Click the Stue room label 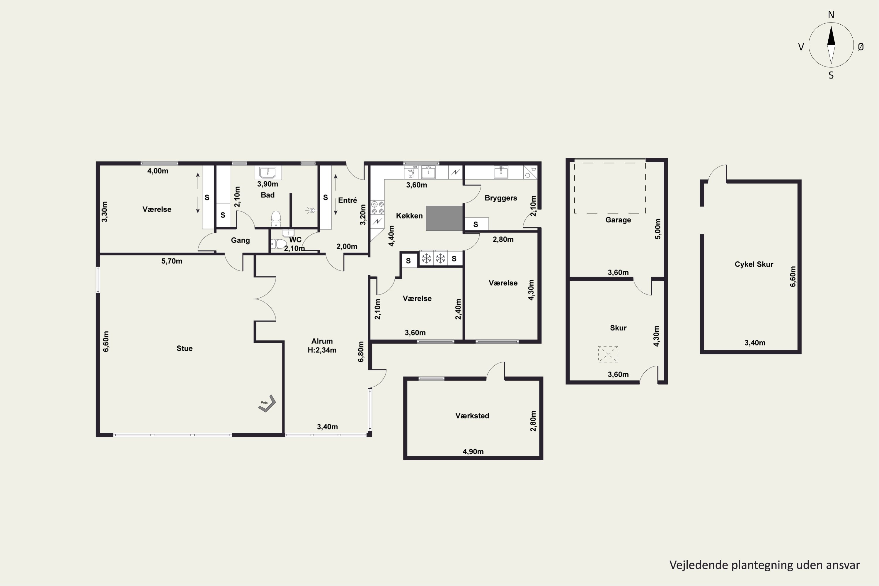click(x=184, y=348)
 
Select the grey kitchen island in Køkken click(x=444, y=218)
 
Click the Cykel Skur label click(x=754, y=264)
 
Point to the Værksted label click(x=472, y=415)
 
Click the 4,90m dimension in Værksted click(x=473, y=452)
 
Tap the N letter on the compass click(x=831, y=15)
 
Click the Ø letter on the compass click(x=861, y=47)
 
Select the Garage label click(x=618, y=220)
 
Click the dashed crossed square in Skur click(x=608, y=354)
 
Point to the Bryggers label click(x=501, y=198)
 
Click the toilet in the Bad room click(x=276, y=219)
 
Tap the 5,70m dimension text click(x=172, y=261)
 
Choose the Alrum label click(x=322, y=341)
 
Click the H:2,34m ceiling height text click(x=322, y=350)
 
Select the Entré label click(x=347, y=200)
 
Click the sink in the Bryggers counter click(x=501, y=172)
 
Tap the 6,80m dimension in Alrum click(x=361, y=352)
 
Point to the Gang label click(x=240, y=240)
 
